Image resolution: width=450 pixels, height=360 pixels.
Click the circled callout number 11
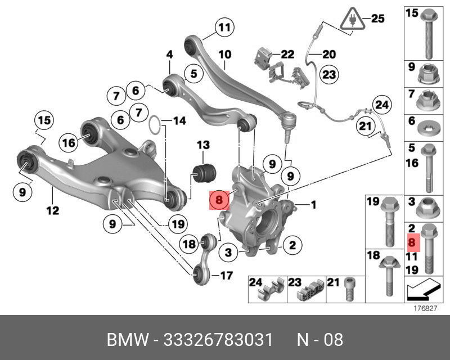point(224,27)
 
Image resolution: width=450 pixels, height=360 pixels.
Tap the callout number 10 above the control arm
point(224,55)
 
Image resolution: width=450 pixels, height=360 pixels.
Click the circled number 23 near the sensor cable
point(328,74)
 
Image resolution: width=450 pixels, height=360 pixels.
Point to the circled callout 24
point(382,105)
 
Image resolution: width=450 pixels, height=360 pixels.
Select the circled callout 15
point(44,120)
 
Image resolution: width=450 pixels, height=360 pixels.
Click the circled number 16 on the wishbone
point(68,143)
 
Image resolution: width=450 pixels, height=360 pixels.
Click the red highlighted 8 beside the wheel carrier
point(219,199)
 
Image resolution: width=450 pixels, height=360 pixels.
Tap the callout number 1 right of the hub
point(313,204)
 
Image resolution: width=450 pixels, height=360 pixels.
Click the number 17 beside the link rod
point(226,276)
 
